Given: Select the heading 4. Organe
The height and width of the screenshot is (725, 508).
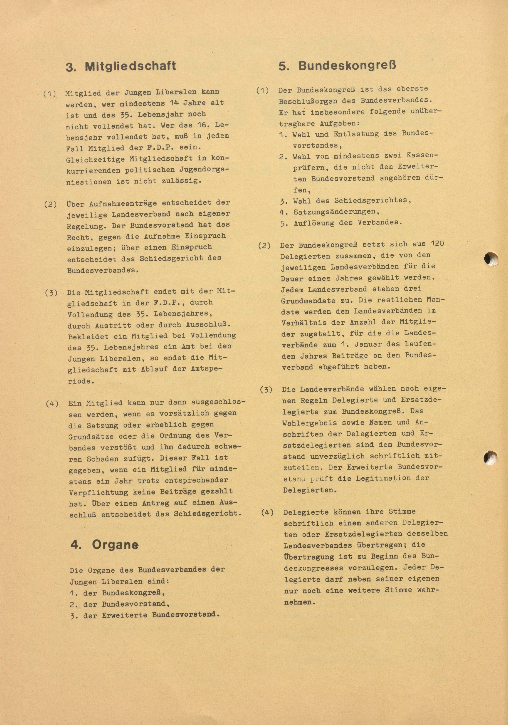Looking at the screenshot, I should pyautogui.click(x=104, y=545).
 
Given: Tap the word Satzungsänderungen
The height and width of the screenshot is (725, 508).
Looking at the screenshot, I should pyautogui.click(x=336, y=211).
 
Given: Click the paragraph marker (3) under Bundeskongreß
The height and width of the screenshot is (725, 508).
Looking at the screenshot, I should pyautogui.click(x=266, y=389).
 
